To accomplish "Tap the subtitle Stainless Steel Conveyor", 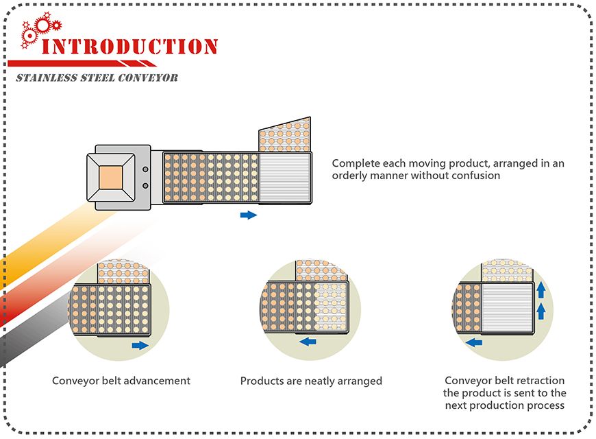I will [x=97, y=78].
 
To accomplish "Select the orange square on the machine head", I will [x=112, y=178].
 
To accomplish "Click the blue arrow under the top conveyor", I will [x=249, y=215].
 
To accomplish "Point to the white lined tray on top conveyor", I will [x=285, y=178].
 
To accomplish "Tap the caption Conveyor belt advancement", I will [x=121, y=381].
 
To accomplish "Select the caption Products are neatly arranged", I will [x=311, y=381].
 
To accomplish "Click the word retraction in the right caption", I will [x=539, y=381].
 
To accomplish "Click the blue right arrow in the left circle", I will [x=139, y=345].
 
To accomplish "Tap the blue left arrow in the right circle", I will [x=473, y=342].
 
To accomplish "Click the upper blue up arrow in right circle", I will [x=541, y=288].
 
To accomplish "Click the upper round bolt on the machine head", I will [x=145, y=169].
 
